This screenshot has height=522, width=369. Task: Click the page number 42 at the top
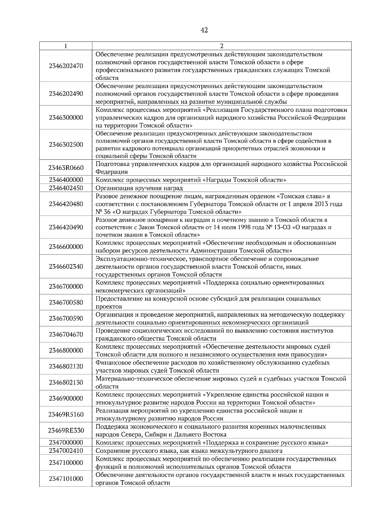pyautogui.click(x=204, y=30)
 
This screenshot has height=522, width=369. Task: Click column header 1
pyautogui.click(x=66, y=46)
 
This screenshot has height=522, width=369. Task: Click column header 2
pyautogui.click(x=222, y=46)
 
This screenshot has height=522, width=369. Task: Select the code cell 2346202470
pyautogui.click(x=66, y=66)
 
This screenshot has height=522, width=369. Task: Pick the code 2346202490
pyautogui.click(x=66, y=94)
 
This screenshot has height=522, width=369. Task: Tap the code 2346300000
pyautogui.click(x=66, y=118)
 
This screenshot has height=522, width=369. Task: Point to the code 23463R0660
pyautogui.click(x=66, y=168)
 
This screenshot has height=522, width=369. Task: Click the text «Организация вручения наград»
pyautogui.click(x=139, y=188)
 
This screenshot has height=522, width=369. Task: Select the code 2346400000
pyautogui.click(x=66, y=180)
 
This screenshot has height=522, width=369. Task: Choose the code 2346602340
pyautogui.click(x=66, y=267)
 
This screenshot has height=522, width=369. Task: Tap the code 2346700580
pyautogui.click(x=66, y=303)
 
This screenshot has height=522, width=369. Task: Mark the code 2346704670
pyautogui.click(x=66, y=334)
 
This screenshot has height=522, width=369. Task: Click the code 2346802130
pyautogui.click(x=66, y=382)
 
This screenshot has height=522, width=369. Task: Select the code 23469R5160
pyautogui.click(x=66, y=414)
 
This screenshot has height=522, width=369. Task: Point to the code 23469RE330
pyautogui.click(x=66, y=430)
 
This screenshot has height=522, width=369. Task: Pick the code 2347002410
pyautogui.click(x=66, y=451)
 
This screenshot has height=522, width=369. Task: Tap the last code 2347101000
pyautogui.click(x=66, y=479)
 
